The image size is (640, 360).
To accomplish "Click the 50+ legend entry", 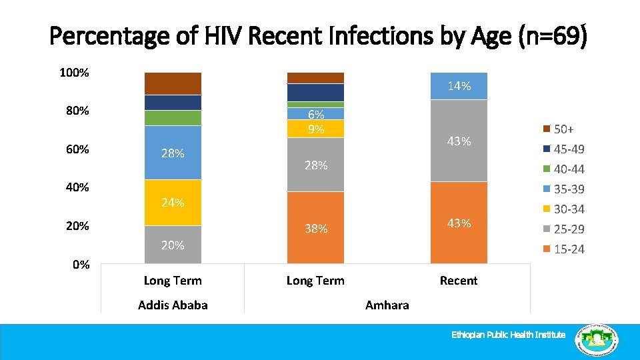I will (x=563, y=129).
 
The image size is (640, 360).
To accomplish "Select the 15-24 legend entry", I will (x=563, y=249).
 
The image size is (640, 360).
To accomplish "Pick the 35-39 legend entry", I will (x=563, y=189).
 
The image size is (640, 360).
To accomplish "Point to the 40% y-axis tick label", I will (x=77, y=187).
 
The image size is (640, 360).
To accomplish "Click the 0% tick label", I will (x=81, y=264).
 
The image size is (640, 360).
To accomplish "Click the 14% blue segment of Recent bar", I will (x=459, y=86).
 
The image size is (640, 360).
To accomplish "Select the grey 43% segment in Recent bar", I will (x=459, y=141).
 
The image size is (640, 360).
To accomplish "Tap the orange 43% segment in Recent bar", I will (x=459, y=223).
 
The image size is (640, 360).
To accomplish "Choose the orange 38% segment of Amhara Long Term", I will (x=315, y=228).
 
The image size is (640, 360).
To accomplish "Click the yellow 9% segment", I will (x=315, y=129).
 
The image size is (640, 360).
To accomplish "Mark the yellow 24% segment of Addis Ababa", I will (x=173, y=203).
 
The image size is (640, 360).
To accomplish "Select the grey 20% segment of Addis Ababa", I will (x=173, y=245).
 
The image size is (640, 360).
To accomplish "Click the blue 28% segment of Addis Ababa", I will (x=173, y=153).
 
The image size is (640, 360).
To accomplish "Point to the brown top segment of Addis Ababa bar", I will (x=173, y=83).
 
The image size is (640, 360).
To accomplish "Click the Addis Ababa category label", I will (x=173, y=305).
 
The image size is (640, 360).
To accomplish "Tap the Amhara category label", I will (x=387, y=305).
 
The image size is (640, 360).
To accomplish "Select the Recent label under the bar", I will (x=459, y=281).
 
